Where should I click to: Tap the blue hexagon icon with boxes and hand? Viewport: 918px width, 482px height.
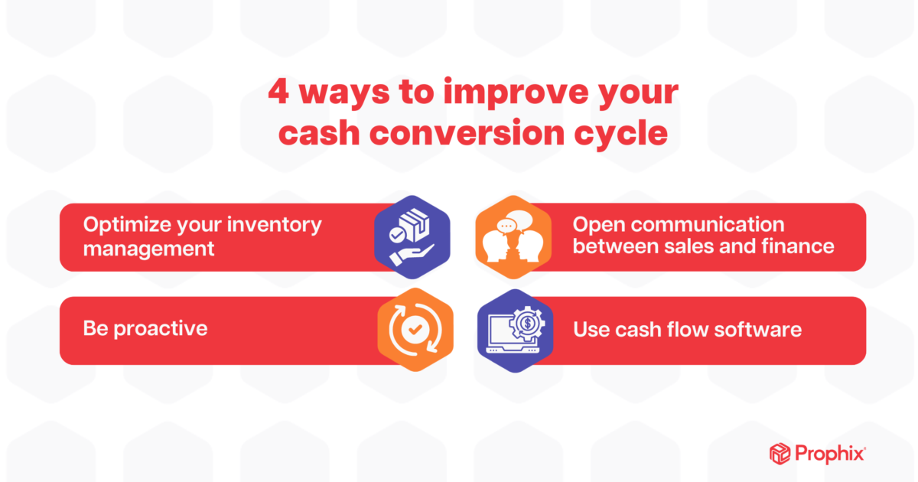(412, 237)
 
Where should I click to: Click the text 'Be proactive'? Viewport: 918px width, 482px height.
(145, 329)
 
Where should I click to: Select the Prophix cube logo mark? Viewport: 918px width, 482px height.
(780, 453)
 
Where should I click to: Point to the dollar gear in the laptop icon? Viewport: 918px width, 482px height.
(526, 322)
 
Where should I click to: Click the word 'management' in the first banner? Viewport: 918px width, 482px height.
(149, 249)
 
